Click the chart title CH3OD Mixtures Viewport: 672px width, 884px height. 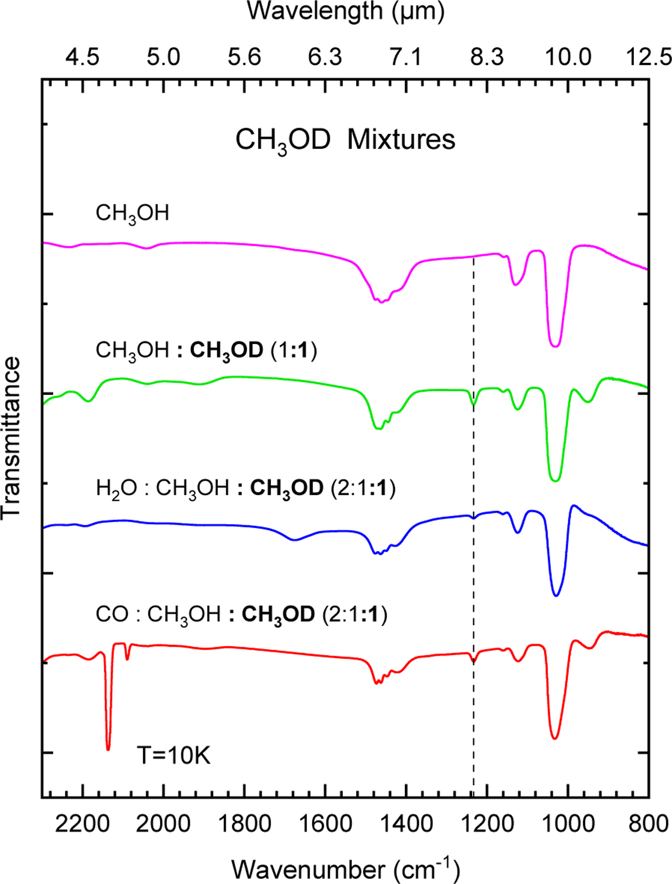(x=345, y=140)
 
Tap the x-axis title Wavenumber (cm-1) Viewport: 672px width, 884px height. (x=346, y=869)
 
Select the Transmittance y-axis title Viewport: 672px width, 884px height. (x=12, y=438)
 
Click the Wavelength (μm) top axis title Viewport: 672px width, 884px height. (x=346, y=11)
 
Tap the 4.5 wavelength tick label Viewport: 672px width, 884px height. (x=83, y=57)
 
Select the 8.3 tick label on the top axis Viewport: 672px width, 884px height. (x=487, y=57)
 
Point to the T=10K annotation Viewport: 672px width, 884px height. (x=174, y=755)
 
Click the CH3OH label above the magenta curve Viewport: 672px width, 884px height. (x=132, y=214)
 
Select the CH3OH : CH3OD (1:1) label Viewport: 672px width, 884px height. (x=206, y=351)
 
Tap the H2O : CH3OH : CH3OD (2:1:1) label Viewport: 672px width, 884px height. (x=245, y=488)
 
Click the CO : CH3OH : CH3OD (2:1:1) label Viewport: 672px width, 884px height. (x=241, y=615)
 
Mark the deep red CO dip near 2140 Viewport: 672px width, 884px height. (x=108, y=747)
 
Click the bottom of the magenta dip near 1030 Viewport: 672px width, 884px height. (x=555, y=345)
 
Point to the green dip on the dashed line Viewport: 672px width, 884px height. (x=474, y=403)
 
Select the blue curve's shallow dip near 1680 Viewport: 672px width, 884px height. (x=295, y=539)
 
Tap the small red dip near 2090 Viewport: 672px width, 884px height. (x=128, y=658)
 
